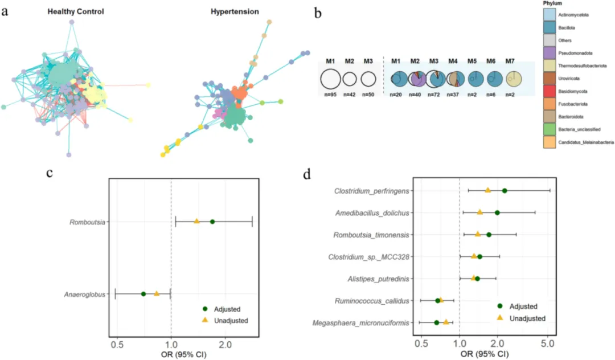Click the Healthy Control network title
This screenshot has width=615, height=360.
pos(76,12)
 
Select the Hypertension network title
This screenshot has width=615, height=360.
pos(235,12)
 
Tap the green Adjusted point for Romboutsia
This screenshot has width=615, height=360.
pos(212,222)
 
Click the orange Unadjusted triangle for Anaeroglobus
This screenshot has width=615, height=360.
pos(157,293)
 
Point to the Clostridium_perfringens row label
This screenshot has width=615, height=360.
pos(371,191)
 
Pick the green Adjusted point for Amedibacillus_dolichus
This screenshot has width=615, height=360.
pos(497,213)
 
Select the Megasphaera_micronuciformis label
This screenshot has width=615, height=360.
pos(360,323)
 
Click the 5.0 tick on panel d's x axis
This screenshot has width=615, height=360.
pos(548,344)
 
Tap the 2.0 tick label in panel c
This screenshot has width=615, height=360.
pos(225,345)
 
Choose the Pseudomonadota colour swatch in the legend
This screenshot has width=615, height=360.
pos(549,53)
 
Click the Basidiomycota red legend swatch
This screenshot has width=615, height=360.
pos(549,91)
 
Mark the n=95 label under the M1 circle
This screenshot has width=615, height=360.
pos(330,95)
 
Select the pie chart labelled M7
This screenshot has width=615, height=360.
pos(514,79)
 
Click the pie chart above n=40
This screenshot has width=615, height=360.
pos(417,79)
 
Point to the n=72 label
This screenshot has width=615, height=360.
pos(433,95)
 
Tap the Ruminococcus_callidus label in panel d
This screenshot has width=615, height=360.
pos(372,301)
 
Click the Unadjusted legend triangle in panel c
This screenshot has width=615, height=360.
pos(205,320)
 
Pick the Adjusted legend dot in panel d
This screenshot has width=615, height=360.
pos(500,306)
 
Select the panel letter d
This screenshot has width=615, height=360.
pos(307,174)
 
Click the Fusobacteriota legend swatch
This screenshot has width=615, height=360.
pos(549,104)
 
